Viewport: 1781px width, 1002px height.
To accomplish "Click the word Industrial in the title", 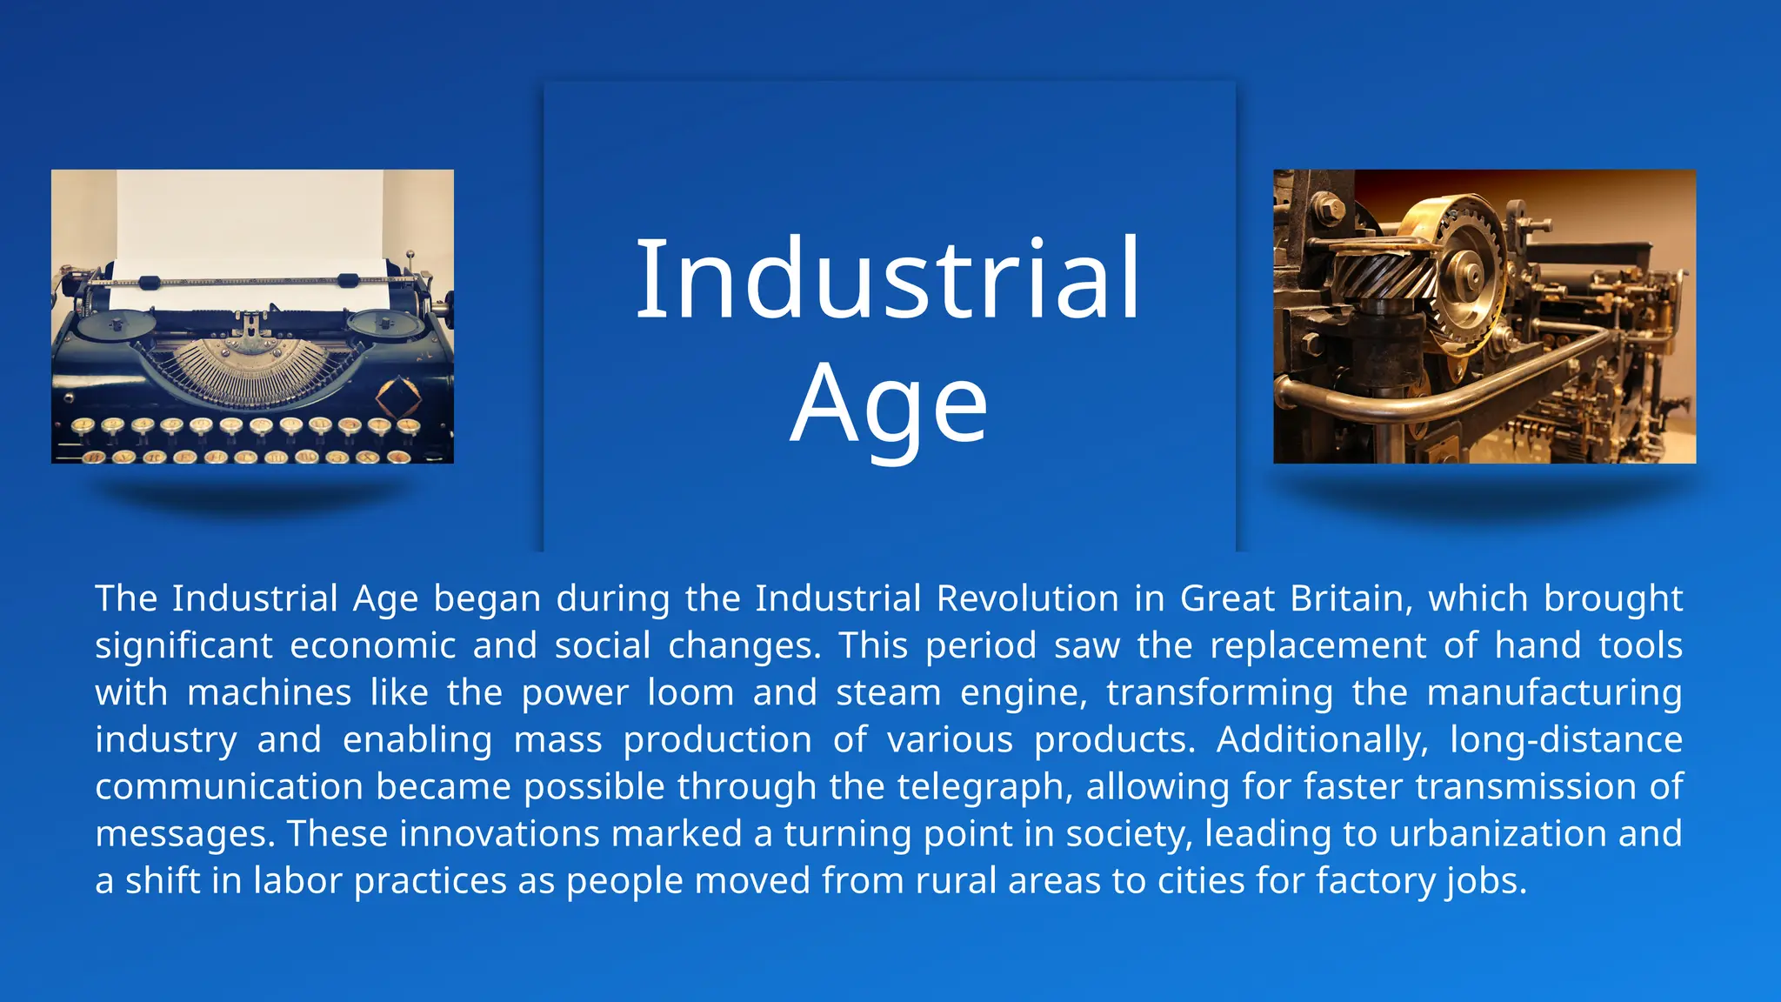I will tap(888, 280).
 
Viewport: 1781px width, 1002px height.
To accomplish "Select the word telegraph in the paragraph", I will tap(980, 786).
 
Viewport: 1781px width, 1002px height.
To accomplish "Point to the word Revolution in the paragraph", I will tap(1027, 598).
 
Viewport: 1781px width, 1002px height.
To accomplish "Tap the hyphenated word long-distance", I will tap(1565, 739).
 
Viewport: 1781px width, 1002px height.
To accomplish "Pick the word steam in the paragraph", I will tap(888, 692).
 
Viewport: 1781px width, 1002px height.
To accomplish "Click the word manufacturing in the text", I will tap(1554, 692).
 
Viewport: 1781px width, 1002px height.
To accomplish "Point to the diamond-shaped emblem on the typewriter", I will tap(398, 395).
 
